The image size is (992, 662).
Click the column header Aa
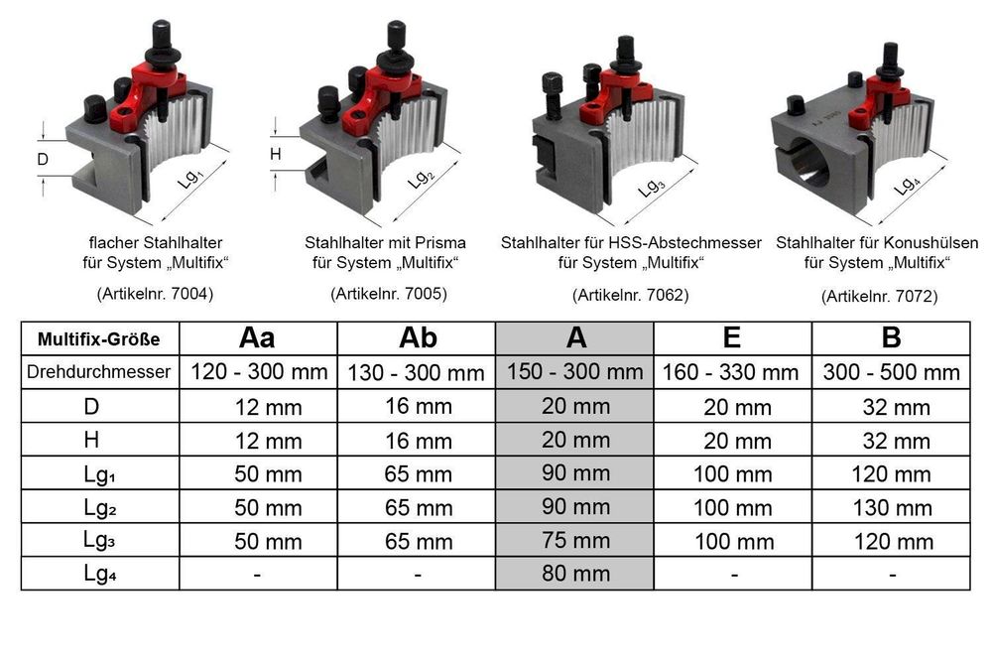click(257, 338)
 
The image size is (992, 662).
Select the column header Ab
click(418, 338)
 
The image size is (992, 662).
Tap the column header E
click(732, 337)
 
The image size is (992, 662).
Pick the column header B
click(891, 337)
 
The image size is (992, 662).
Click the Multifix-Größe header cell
click(98, 339)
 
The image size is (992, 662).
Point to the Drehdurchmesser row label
click(98, 371)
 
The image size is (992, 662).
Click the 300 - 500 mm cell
click(892, 372)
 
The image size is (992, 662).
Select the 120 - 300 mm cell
click(259, 371)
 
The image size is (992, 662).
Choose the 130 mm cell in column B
click(893, 507)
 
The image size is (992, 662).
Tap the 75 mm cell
click(575, 541)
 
